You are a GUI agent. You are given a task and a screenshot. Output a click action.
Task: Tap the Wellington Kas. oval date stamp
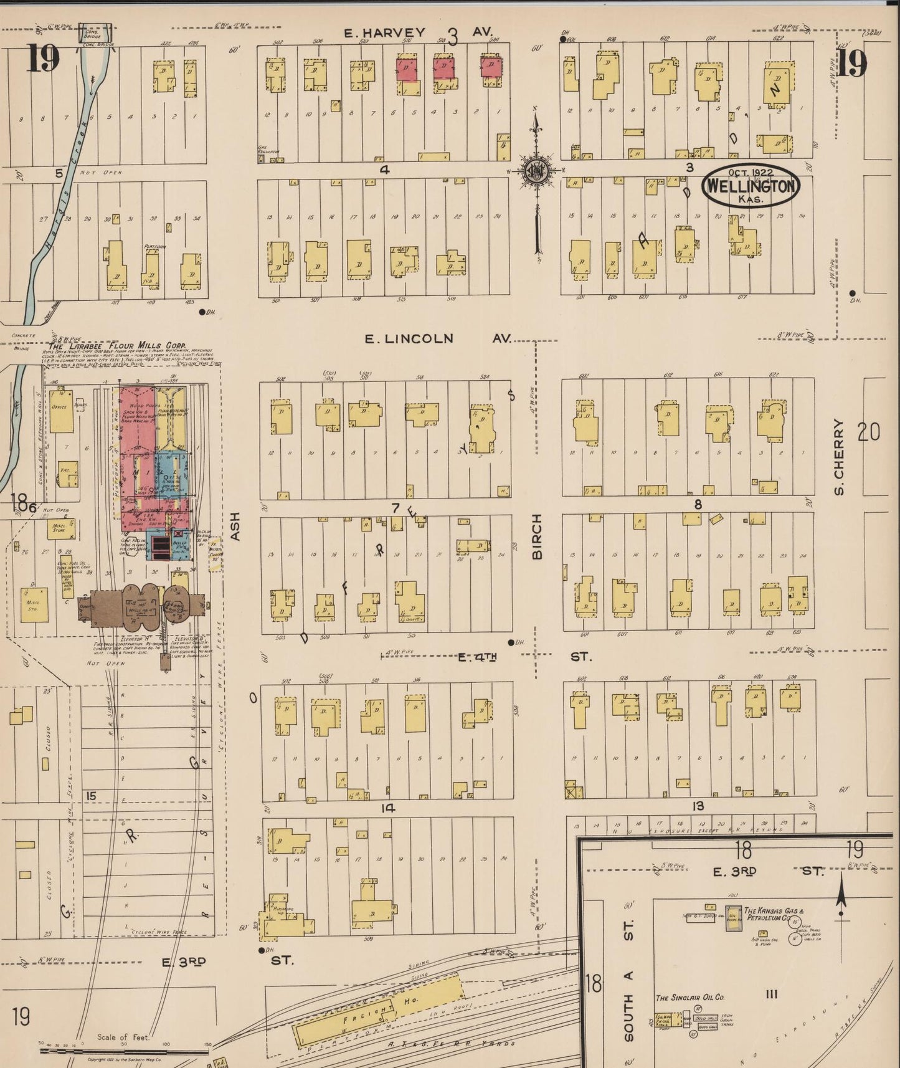750,186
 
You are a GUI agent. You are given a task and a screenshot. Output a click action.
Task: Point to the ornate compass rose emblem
535,171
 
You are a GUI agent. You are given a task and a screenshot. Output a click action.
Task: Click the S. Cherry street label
840,457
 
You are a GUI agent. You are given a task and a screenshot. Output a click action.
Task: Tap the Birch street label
538,536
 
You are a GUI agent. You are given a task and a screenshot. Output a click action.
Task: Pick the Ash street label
235,530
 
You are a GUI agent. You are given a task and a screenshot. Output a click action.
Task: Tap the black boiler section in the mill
161,547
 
